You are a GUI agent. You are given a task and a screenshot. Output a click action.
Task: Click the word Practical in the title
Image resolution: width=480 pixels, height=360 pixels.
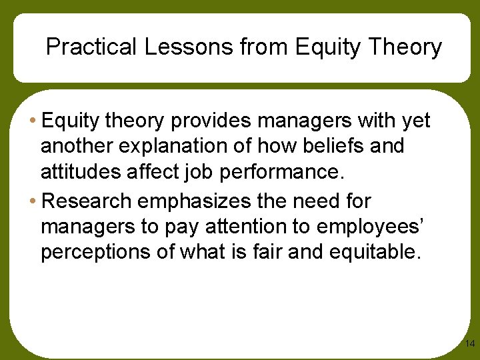coord(90,47)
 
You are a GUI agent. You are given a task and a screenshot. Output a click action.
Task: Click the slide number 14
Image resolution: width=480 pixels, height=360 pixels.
coord(469,344)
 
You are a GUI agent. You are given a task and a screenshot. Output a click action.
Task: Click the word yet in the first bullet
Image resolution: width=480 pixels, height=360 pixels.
coord(415,121)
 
